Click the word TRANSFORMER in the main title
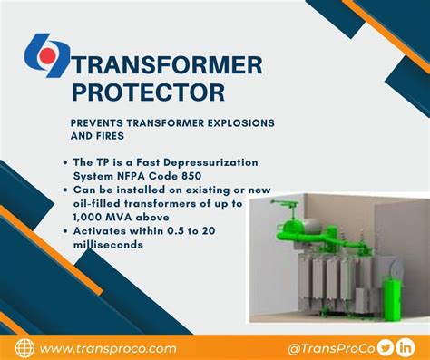click(168, 65)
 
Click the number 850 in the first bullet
click(206, 175)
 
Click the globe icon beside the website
click(24, 347)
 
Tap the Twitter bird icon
click(385, 345)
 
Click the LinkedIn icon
click(406, 345)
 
